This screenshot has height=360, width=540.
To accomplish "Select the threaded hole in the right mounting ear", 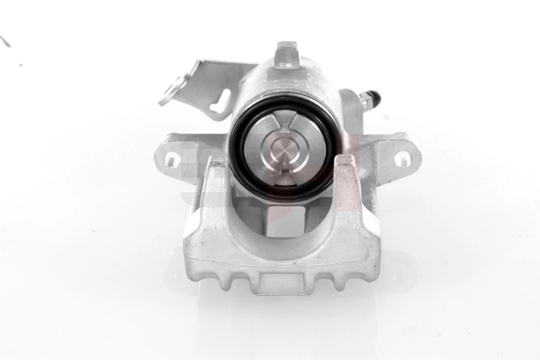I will click(x=402, y=158).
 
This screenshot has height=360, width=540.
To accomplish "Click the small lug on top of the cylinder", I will click(x=287, y=54).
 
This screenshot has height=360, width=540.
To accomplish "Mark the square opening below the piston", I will click(x=285, y=220).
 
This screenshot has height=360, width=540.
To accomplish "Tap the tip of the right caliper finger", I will click(x=346, y=160).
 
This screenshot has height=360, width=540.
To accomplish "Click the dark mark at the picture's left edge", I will click(x=5, y=41).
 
